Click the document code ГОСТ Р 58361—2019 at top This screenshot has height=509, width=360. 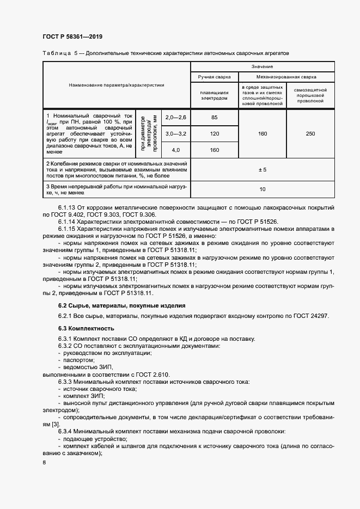(x=72, y=37)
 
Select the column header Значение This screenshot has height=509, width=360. (x=262, y=66)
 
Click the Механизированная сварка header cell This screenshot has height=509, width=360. (x=286, y=77)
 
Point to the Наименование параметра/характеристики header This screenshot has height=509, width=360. (x=116, y=85)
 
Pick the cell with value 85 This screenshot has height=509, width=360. (x=214, y=118)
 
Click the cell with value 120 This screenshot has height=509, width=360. (x=214, y=134)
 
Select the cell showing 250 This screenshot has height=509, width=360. (x=310, y=134)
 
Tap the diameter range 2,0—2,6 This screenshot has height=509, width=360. (x=175, y=118)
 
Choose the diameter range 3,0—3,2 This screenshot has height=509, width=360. (x=175, y=134)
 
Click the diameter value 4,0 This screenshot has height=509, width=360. (x=175, y=150)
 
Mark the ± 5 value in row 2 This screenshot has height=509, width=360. (x=262, y=170)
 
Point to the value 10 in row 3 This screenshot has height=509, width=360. (x=262, y=189)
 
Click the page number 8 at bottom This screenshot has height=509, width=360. (x=44, y=462)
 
